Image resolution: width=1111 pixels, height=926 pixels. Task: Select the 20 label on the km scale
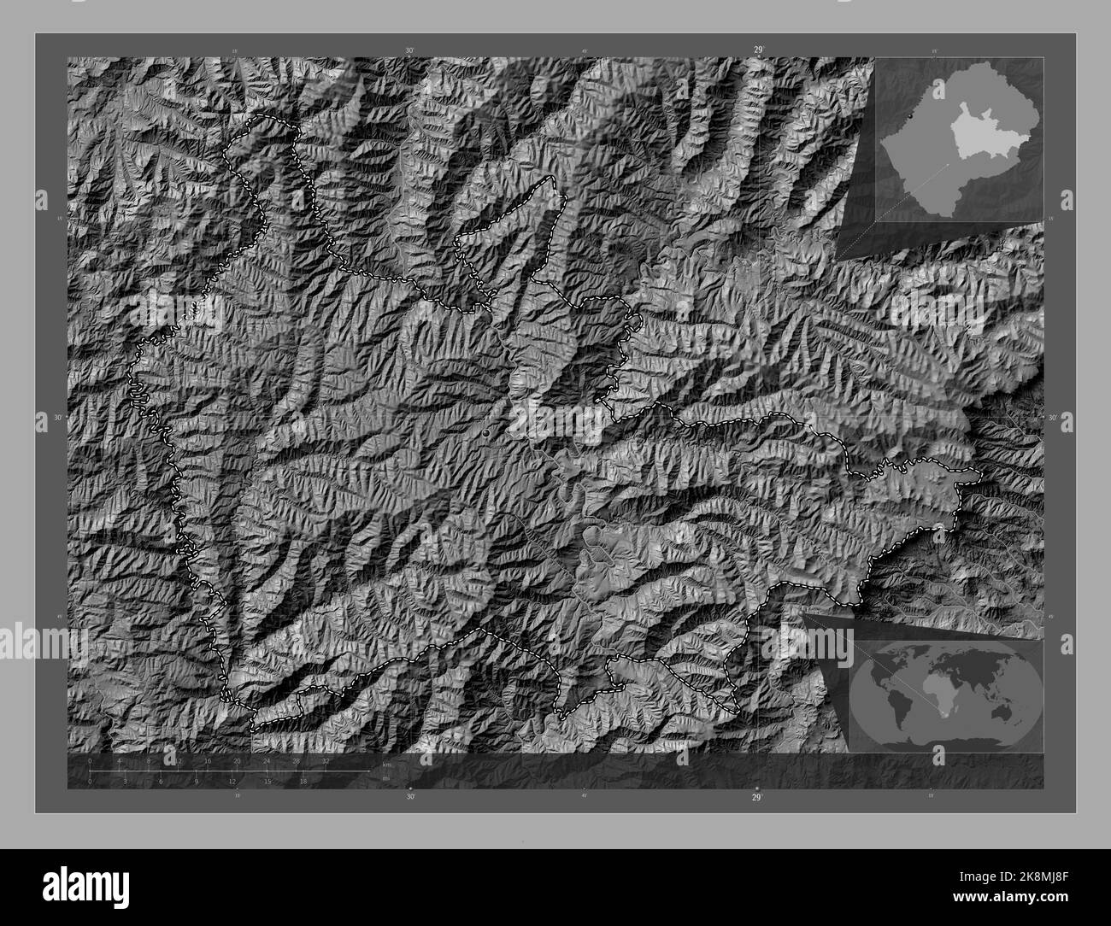pos(237,760)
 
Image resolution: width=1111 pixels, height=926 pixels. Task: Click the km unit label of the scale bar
pos(387,764)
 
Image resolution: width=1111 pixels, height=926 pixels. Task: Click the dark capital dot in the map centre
pos(487,434)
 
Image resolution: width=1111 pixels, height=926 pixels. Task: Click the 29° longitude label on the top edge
pos(758,50)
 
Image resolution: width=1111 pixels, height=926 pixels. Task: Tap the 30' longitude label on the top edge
pos(410,51)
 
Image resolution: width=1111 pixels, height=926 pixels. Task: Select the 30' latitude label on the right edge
pos(1053,417)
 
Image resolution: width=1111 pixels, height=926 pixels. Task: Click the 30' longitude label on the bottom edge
pos(411,797)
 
